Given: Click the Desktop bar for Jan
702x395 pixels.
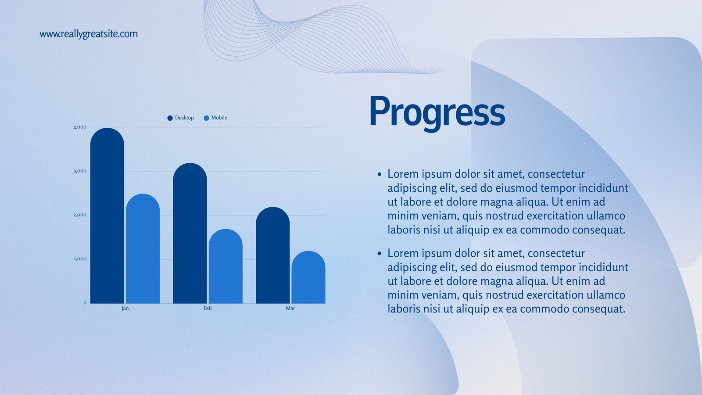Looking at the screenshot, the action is (107, 215).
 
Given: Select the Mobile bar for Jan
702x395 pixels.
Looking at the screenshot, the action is (143, 248).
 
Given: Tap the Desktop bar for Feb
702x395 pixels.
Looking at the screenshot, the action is (190, 233).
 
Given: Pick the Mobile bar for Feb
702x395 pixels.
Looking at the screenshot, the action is (226, 266).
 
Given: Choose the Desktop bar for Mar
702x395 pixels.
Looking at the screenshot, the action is (272, 255).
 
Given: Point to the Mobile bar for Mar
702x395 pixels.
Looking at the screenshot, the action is (308, 277).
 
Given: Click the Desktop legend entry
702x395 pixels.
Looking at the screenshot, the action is (180, 118).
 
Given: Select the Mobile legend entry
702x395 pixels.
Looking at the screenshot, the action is (215, 118).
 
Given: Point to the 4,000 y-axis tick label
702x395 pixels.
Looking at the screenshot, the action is (80, 127).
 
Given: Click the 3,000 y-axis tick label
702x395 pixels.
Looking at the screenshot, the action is (80, 171).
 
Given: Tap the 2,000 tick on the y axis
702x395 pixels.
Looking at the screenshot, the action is (80, 215).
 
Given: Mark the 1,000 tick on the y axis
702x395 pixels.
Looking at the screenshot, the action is (80, 259).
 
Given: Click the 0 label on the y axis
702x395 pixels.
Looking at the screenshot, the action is (85, 302).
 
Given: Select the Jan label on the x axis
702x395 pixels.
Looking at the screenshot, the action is (125, 309).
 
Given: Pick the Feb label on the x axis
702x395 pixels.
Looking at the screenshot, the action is (208, 309).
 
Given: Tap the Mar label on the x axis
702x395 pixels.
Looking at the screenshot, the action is (290, 309).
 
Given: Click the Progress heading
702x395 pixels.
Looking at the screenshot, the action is (437, 113).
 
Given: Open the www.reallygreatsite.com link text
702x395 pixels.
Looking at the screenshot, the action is (89, 34).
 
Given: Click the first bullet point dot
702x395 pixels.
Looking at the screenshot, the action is (380, 174).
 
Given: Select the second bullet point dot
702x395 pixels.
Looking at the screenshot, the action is (380, 253).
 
